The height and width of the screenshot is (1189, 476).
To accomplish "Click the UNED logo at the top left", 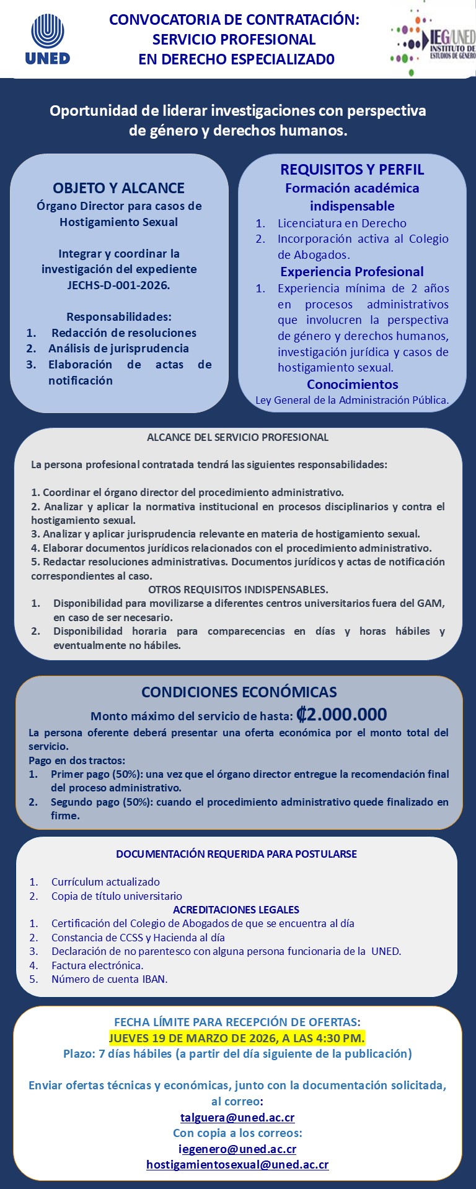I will click(48, 39).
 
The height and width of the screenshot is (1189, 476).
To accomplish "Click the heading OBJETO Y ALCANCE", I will click(118, 188).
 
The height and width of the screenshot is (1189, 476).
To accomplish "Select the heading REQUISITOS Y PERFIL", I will click(352, 170).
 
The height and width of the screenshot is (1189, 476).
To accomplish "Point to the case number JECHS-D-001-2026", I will click(118, 285).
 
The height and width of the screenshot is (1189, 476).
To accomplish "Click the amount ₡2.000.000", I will click(342, 715).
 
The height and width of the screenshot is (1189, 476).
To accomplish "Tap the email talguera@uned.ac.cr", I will click(237, 1118).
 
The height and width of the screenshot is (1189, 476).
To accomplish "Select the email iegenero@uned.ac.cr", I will click(237, 1149).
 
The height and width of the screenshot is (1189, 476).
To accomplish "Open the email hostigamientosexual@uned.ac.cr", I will click(237, 1165).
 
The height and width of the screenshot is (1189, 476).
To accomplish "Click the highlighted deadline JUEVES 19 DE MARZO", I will click(237, 1038).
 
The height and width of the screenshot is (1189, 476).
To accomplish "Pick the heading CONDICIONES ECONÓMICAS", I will click(239, 692).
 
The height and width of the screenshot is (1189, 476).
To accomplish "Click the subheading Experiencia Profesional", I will click(352, 272).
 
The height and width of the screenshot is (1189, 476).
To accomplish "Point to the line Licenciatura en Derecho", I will click(342, 224).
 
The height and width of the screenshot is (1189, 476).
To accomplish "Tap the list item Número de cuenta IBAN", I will click(109, 979).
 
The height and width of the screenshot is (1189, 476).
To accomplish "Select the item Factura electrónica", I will click(97, 965).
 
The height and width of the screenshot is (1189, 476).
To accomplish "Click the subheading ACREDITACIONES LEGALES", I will click(236, 910).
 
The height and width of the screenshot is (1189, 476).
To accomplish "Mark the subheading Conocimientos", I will click(352, 385).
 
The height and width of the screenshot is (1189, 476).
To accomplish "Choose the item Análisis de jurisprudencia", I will click(118, 349).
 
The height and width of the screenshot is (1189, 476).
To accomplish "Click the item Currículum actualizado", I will click(105, 882).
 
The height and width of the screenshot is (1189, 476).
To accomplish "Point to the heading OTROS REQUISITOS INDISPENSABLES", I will click(238, 590).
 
